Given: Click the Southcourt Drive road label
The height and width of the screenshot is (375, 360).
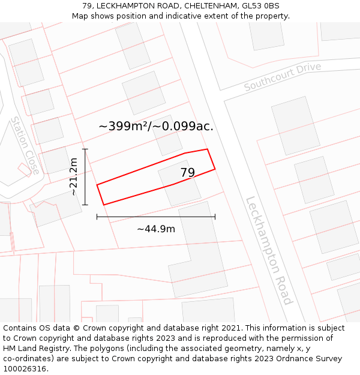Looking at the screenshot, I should pos(283,77).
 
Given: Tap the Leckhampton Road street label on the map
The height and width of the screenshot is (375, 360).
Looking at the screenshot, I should pos(269,250).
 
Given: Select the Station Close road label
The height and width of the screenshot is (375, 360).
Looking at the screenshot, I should pos(25,146).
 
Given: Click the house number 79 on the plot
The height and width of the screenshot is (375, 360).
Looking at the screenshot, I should pos(187,173).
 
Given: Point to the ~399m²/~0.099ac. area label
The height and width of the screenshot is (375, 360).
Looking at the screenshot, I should pos(156,126).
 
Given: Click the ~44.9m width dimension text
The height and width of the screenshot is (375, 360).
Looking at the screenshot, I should pos(156,229).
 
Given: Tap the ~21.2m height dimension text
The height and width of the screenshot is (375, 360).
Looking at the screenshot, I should pos(73,177).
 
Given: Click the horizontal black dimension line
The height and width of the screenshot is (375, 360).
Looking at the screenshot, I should pos(156,217).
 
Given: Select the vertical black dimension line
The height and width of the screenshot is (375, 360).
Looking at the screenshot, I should pos(85,177).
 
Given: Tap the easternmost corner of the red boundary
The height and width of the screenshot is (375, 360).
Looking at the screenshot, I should pos(215,169).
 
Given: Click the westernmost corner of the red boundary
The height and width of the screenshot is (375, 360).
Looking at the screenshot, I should pos(97,185).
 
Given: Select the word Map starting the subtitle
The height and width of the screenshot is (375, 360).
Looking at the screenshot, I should pos(80,16).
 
